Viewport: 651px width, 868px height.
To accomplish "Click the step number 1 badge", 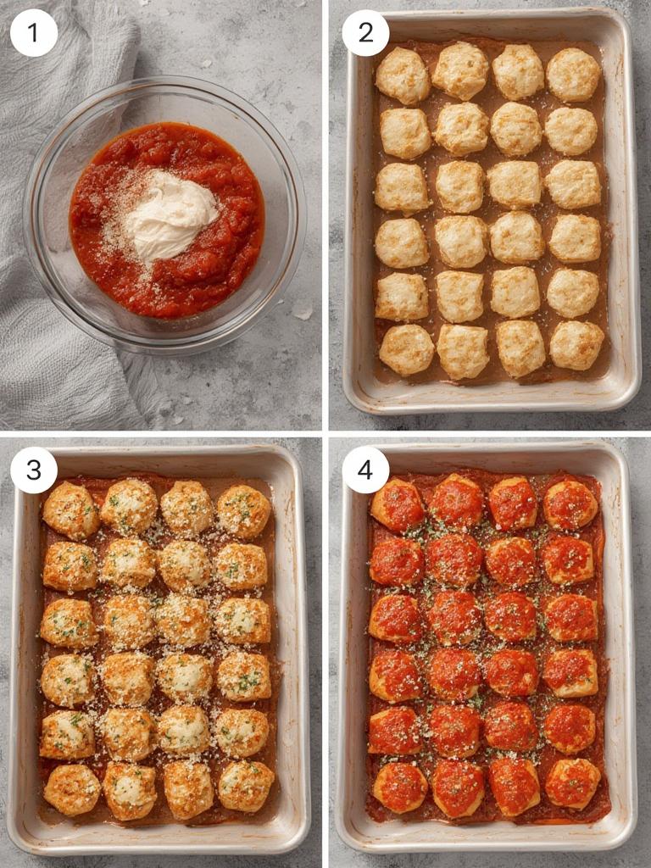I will coord(34,33).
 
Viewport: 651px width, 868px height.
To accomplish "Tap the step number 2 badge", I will coord(365,33).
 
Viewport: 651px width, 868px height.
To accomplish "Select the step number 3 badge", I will coord(34,470).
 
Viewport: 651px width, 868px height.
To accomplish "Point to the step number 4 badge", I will coord(365,470).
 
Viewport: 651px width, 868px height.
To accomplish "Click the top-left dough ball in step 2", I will coord(403,75).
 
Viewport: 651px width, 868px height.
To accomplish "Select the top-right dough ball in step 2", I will coord(574,75).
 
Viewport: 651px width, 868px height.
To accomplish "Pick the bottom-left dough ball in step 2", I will coord(406,349).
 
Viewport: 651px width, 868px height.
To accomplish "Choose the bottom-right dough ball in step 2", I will coord(576,345).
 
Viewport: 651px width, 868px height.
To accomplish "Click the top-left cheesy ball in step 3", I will coord(71,510).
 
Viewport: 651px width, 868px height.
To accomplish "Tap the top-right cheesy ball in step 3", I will coord(244,511).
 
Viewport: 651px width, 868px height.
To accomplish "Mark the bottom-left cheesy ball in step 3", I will coord(72,790).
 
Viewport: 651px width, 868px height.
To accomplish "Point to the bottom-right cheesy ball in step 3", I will coord(246,786).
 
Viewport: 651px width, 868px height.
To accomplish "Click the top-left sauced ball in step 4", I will coord(398,505).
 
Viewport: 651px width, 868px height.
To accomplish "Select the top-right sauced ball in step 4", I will coord(570,504).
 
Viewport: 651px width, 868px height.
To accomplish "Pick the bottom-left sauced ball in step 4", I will coord(401,787).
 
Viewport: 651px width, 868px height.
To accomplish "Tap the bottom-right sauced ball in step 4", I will coord(572,783).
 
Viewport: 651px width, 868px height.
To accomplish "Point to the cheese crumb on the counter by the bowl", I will coord(303,314).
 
